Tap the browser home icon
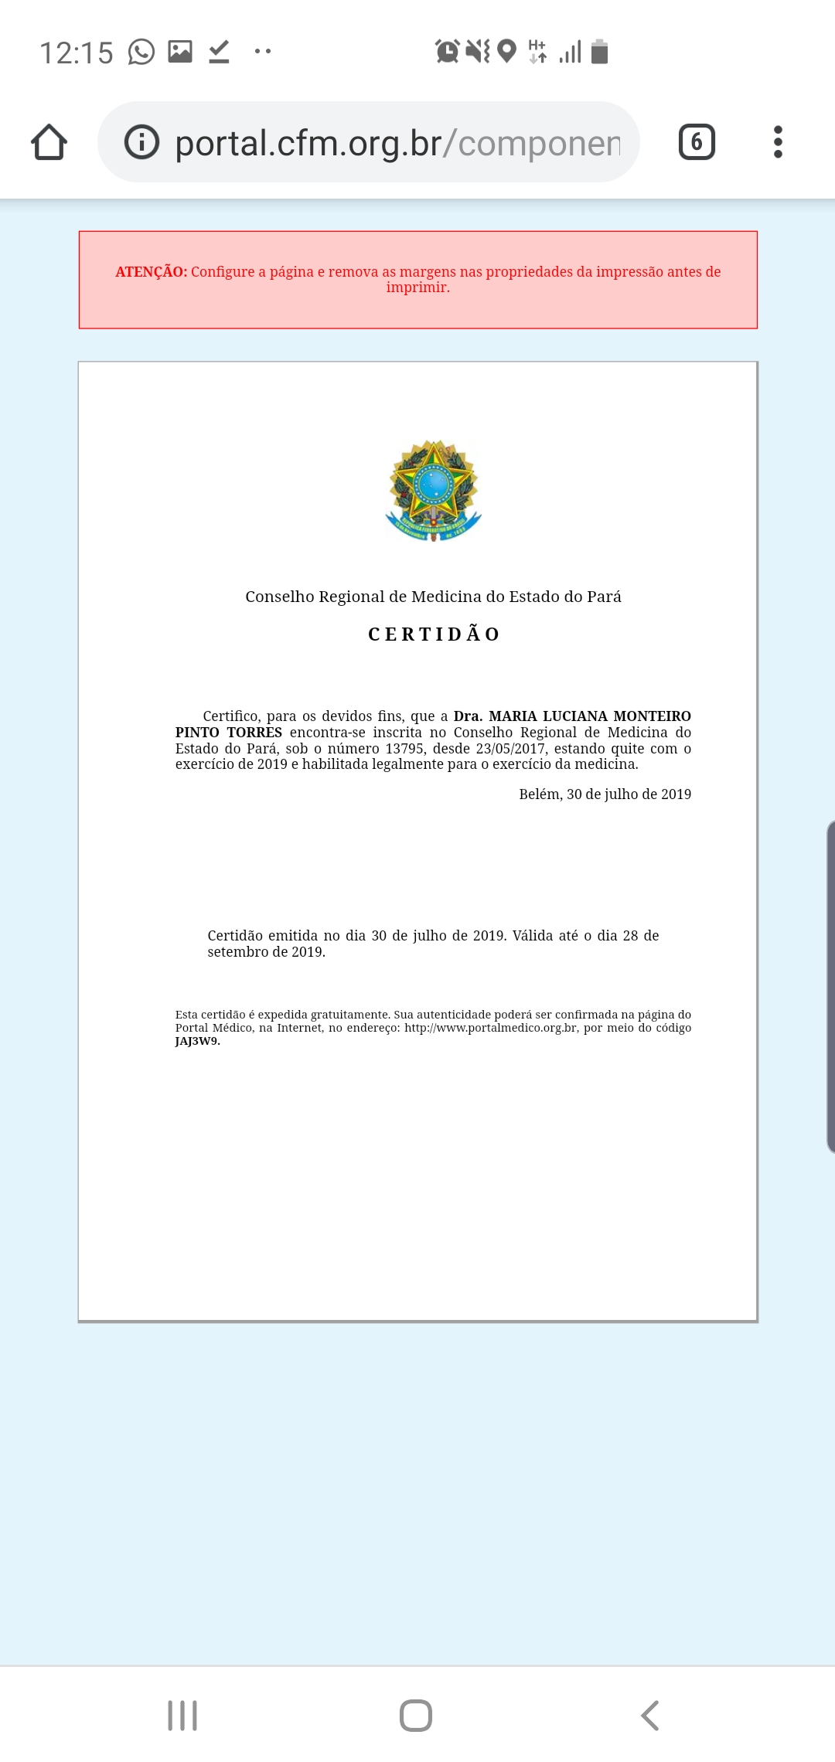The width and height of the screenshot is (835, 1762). [49, 142]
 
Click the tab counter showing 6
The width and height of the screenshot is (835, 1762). [697, 142]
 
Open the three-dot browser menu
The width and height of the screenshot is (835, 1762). [778, 142]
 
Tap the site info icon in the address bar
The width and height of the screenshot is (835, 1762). [141, 142]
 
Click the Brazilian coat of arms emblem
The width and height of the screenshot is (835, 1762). [434, 491]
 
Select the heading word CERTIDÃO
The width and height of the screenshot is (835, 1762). [434, 634]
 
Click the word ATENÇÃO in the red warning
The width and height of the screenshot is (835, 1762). [151, 272]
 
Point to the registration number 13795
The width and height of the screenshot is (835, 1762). [405, 749]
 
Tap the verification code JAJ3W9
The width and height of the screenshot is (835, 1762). [197, 1042]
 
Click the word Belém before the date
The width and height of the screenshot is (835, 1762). [540, 794]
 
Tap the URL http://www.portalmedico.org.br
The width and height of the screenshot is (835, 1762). [490, 1029]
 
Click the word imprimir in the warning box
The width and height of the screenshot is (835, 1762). [417, 287]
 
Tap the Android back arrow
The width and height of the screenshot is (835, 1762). [650, 1716]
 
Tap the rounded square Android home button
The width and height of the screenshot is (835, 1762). [416, 1716]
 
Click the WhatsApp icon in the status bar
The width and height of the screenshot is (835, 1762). [141, 52]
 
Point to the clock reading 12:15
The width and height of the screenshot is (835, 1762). [77, 53]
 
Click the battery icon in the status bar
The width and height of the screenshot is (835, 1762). [599, 52]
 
